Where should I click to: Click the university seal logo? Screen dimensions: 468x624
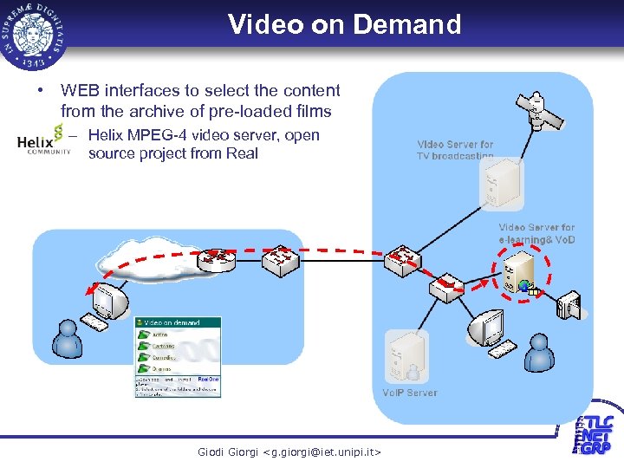click(36, 34)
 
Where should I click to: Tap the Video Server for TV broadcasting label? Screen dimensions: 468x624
click(455, 150)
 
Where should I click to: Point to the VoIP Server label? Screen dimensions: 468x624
click(410, 393)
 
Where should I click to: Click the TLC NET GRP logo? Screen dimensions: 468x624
click(594, 434)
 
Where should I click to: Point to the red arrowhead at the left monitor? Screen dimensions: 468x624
click(93, 289)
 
